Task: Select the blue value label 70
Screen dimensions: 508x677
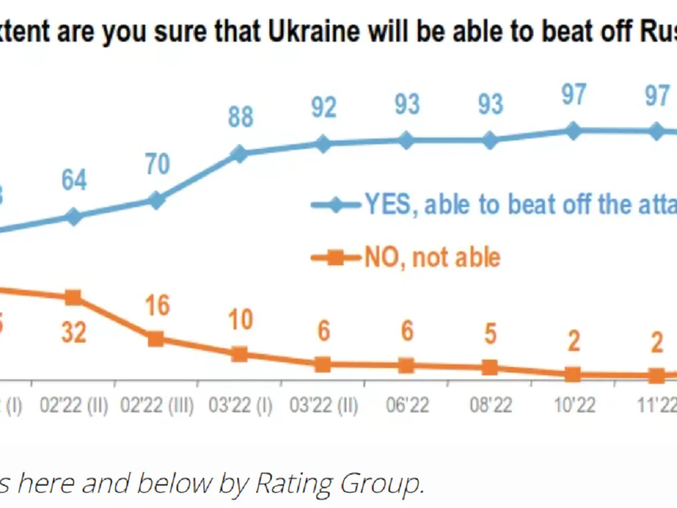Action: (157, 164)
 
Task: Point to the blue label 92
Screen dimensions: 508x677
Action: (323, 107)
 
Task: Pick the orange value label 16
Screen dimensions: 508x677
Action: (157, 305)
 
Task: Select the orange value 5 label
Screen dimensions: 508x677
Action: (490, 334)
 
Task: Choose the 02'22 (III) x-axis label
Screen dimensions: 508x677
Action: (157, 405)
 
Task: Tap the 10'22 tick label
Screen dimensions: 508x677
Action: (573, 405)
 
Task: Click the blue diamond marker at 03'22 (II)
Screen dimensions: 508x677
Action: (323, 143)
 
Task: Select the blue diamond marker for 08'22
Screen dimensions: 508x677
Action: (490, 141)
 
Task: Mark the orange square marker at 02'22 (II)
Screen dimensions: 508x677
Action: (73, 297)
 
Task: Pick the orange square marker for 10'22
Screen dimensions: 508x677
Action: (573, 374)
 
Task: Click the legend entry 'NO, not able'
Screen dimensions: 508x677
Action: (432, 258)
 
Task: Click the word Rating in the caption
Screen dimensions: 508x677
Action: (293, 483)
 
